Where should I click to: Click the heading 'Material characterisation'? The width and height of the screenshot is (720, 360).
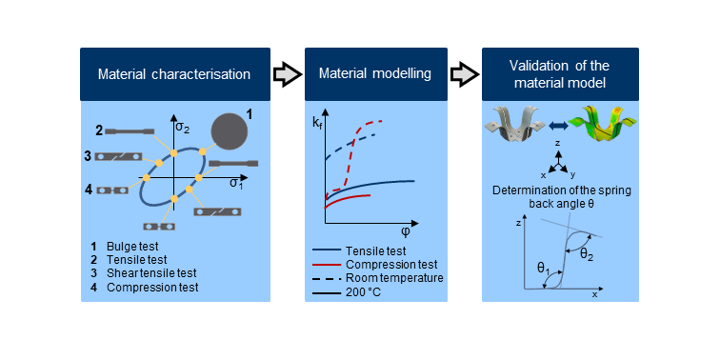(x=174, y=74)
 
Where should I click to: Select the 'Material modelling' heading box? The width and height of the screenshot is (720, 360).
(x=375, y=74)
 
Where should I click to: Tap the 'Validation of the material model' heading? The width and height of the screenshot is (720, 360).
(x=559, y=74)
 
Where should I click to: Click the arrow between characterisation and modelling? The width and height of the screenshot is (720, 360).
(x=288, y=74)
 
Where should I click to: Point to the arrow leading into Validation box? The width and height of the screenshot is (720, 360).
(x=464, y=74)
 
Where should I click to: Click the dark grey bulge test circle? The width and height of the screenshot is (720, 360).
(x=230, y=132)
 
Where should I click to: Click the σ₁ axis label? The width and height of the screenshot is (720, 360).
(x=236, y=183)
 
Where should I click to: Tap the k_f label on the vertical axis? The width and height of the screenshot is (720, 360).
(x=318, y=123)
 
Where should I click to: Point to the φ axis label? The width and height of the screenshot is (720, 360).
(x=406, y=231)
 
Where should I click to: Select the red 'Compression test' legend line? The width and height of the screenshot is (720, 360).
(x=327, y=265)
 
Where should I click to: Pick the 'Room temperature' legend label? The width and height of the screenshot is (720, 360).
(x=394, y=278)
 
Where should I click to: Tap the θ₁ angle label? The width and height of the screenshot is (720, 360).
(x=544, y=270)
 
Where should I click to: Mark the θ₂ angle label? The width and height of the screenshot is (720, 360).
(x=587, y=254)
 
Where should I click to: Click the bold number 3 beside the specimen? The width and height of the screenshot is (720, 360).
(x=88, y=156)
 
